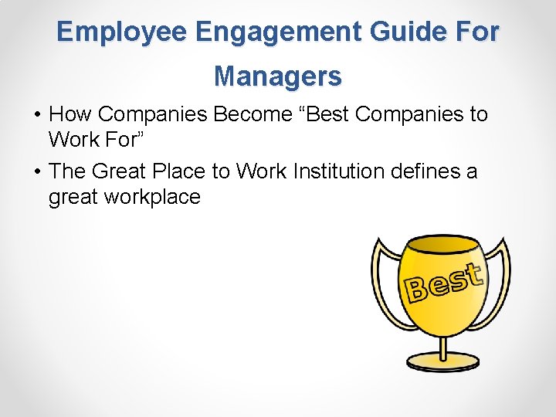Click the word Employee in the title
(x=122, y=32)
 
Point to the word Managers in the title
(x=278, y=76)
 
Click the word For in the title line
(x=476, y=32)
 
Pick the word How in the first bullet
(x=71, y=114)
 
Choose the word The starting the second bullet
(x=67, y=170)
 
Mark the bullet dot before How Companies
(x=37, y=115)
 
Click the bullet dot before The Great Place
(x=37, y=171)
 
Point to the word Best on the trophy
(x=444, y=283)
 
